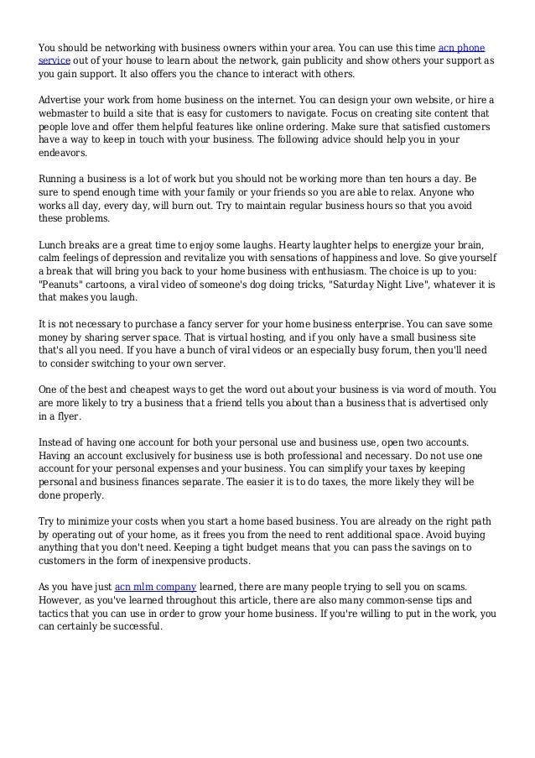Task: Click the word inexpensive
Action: [186, 560]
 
